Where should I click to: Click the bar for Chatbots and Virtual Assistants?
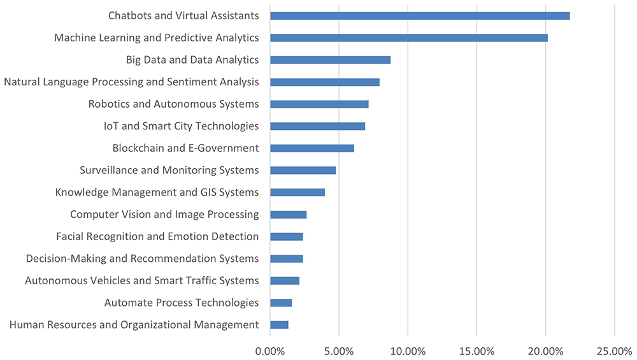pyautogui.click(x=420, y=16)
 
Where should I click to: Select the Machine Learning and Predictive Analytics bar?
pyautogui.click(x=409, y=38)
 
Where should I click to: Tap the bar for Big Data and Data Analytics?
pyautogui.click(x=330, y=60)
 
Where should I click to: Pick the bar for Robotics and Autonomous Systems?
pyautogui.click(x=319, y=104)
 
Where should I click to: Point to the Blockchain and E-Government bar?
pyautogui.click(x=312, y=148)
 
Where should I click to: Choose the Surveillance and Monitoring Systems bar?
pyautogui.click(x=303, y=170)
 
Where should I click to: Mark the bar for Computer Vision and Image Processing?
pyautogui.click(x=289, y=215)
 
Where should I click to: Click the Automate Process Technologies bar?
pyautogui.click(x=281, y=303)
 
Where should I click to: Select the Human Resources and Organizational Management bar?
pyautogui.click(x=279, y=325)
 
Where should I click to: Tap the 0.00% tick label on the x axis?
pyautogui.click(x=269, y=352)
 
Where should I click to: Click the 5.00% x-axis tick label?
pyautogui.click(x=339, y=352)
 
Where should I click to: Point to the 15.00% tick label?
pyautogui.click(x=476, y=352)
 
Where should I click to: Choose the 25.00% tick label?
pyautogui.click(x=614, y=352)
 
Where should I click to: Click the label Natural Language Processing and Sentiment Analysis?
pyautogui.click(x=131, y=82)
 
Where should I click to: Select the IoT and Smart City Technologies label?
pyautogui.click(x=181, y=126)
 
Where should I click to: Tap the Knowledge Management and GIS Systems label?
pyautogui.click(x=157, y=192)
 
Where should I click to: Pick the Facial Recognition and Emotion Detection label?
pyautogui.click(x=157, y=236)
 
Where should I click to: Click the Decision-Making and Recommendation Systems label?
pyautogui.click(x=142, y=259)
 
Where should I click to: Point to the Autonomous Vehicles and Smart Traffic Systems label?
pyautogui.click(x=142, y=281)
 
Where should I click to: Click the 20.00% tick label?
pyautogui.click(x=546, y=352)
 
